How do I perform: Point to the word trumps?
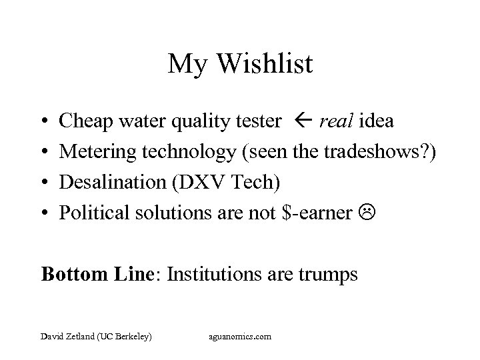pyautogui.click(x=329, y=274)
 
